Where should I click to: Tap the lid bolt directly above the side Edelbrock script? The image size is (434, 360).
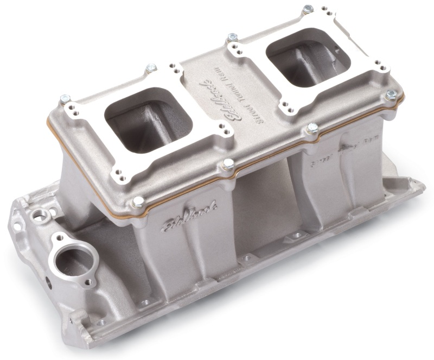pos(138,203)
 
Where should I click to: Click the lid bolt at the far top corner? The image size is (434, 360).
pos(308,9)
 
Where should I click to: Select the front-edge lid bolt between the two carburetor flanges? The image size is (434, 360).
pos(228,163)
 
